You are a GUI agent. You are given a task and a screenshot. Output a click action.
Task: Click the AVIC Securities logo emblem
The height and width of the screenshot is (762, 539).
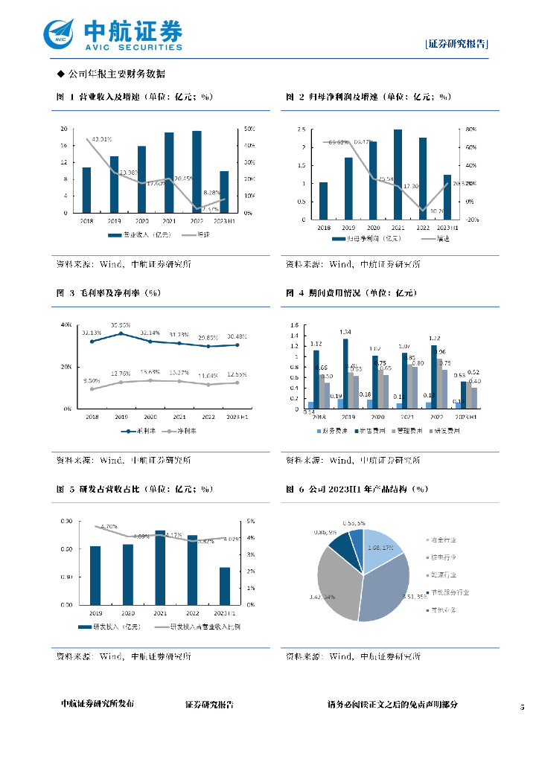click(60, 33)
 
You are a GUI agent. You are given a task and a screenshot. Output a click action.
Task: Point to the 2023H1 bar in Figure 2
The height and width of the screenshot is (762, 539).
click(447, 197)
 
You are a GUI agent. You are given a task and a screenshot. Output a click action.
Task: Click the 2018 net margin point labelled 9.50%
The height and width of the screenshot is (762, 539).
click(92, 388)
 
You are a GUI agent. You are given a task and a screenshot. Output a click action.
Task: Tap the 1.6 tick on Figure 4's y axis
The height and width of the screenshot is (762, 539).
click(294, 325)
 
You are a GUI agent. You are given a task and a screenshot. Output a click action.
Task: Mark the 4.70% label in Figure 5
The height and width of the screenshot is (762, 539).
click(109, 526)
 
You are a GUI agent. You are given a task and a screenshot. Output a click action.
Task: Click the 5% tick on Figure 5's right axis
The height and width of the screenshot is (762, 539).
click(251, 521)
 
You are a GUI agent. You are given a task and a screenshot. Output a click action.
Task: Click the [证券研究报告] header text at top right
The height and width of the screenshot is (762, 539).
click(456, 44)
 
